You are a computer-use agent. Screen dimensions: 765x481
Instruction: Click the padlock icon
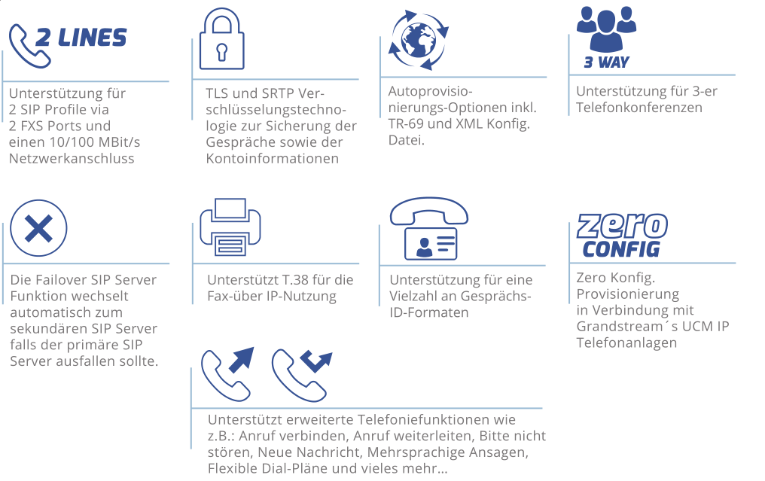(x=222, y=39)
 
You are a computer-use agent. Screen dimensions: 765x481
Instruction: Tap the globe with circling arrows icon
(x=418, y=40)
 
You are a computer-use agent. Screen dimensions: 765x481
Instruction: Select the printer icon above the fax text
(x=230, y=227)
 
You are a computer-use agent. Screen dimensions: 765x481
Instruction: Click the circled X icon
(x=38, y=228)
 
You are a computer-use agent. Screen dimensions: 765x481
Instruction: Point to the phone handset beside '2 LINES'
(x=29, y=47)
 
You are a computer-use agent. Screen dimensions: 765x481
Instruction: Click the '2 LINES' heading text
(x=81, y=38)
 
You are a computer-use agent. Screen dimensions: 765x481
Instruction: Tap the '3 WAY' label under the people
(x=606, y=62)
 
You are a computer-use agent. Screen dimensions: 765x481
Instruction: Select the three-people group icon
(x=606, y=29)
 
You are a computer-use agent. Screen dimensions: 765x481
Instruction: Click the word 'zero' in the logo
(x=622, y=226)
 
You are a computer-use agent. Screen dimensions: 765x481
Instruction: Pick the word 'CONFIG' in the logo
(x=621, y=249)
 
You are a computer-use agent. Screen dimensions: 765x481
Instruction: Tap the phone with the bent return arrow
(x=301, y=375)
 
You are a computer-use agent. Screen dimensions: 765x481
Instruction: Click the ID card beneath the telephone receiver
(x=431, y=243)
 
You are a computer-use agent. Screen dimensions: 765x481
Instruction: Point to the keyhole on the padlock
(x=222, y=52)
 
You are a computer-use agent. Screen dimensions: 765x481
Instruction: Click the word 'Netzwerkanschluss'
(x=72, y=159)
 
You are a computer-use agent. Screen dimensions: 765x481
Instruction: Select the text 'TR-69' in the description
(x=405, y=124)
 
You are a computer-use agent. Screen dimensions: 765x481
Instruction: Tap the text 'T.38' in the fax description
(x=295, y=280)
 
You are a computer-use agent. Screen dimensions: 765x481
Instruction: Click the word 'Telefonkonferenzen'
(x=639, y=108)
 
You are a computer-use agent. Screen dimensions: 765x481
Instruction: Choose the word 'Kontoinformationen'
(x=273, y=159)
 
